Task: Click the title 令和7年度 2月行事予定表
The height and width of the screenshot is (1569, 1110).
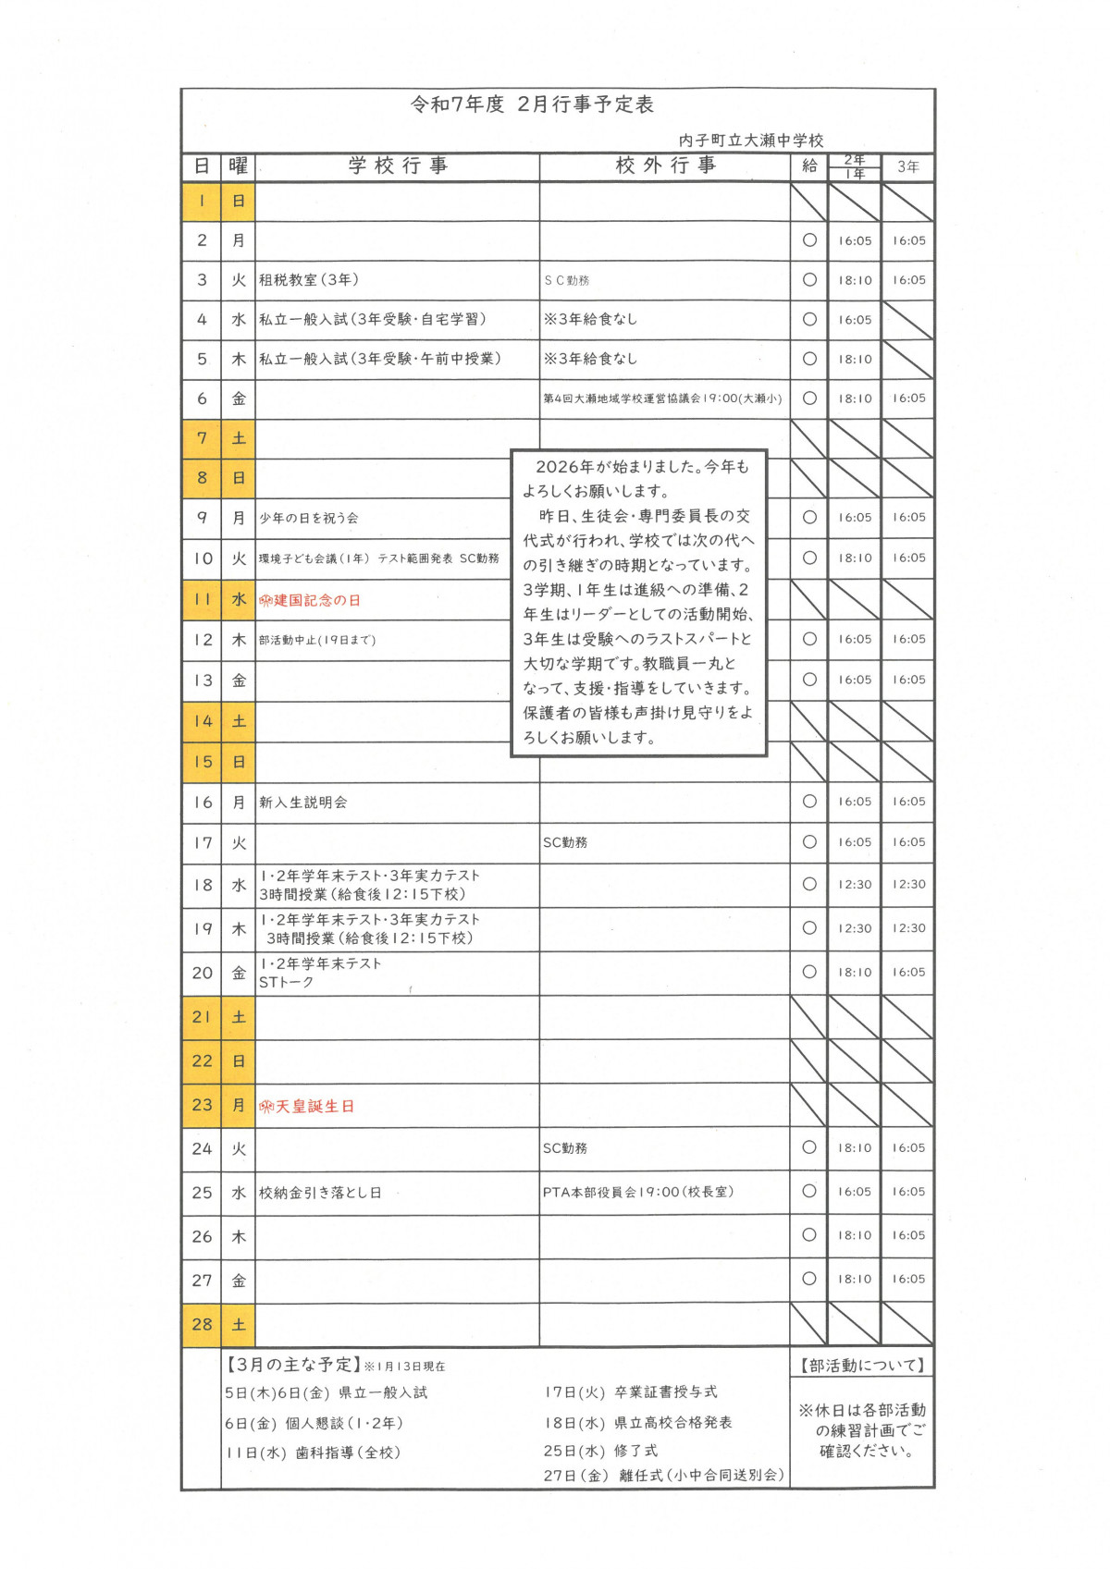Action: tap(532, 104)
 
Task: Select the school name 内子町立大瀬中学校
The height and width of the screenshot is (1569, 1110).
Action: tap(750, 141)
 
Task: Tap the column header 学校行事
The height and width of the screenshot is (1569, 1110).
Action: tap(398, 165)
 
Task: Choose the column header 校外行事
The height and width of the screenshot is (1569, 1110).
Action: tap(665, 165)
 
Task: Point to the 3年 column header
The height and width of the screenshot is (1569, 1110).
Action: tap(907, 167)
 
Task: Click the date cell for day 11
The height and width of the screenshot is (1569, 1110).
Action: tap(202, 599)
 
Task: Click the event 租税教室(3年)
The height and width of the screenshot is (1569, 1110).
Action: tap(309, 280)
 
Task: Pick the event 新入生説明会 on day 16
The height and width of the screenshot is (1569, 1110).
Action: tap(303, 803)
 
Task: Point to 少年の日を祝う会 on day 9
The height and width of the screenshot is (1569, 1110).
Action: tap(309, 519)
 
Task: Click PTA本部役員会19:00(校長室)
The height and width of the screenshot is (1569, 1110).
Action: tap(638, 1193)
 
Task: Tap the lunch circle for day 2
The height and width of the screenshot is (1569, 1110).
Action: tap(809, 240)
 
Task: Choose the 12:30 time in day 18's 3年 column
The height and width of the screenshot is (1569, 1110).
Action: tap(908, 885)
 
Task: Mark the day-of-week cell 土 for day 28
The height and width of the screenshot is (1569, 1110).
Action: tap(239, 1325)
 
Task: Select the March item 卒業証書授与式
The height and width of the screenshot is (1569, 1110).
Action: tap(666, 1392)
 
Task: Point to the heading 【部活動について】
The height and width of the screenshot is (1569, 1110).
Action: tap(862, 1366)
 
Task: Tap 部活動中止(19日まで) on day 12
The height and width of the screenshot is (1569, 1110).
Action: tap(317, 640)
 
